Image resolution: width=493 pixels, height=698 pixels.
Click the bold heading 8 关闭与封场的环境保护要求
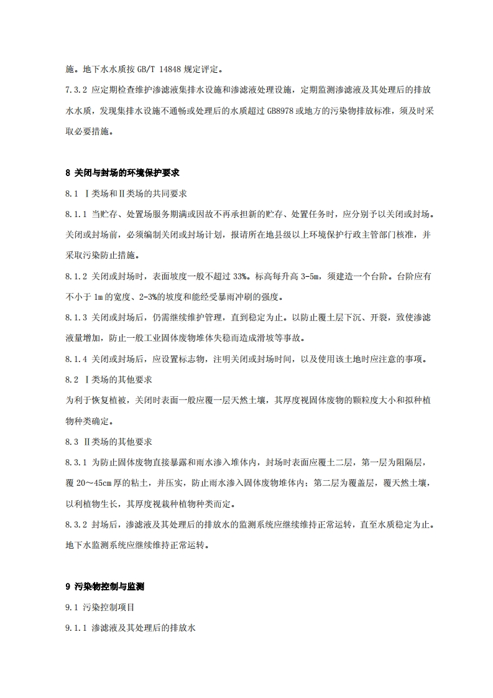pyautogui.click(x=122, y=172)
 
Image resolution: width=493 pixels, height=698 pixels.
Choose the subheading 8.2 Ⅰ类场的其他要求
pyautogui.click(x=109, y=379)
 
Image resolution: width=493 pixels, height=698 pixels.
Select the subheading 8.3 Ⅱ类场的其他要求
pyautogui.click(x=109, y=441)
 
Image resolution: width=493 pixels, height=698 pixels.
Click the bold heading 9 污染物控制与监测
pyautogui.click(x=105, y=587)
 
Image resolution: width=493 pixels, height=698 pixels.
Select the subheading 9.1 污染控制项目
pyautogui.click(x=99, y=607)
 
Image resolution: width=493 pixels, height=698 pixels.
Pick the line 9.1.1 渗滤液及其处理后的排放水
pyautogui.click(x=131, y=628)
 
